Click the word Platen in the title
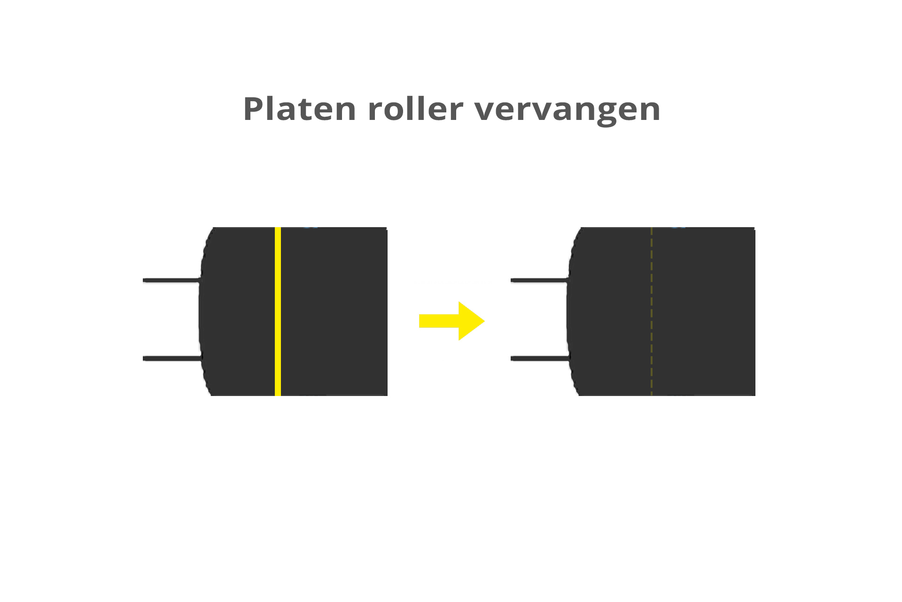point(299,109)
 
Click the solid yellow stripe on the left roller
point(278,311)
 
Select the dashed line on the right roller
point(652,311)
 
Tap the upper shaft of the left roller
point(171,281)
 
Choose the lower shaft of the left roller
point(171,358)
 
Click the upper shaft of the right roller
point(539,281)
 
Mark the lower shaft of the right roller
point(539,358)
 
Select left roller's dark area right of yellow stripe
point(334,311)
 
